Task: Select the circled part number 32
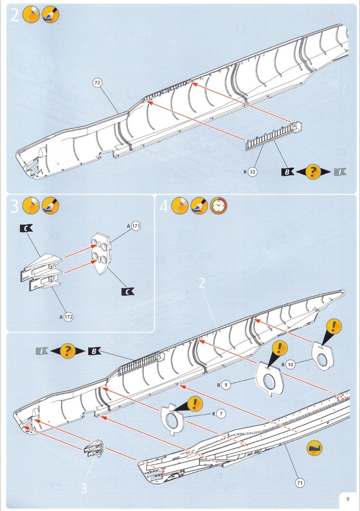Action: (x=252, y=172)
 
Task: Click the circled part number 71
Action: (x=300, y=483)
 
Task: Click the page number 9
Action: (x=348, y=499)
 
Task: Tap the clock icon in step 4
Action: (x=218, y=207)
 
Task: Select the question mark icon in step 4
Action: (x=67, y=351)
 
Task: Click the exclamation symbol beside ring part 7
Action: (x=195, y=403)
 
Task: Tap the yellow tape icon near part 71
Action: (x=314, y=448)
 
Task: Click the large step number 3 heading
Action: (x=14, y=207)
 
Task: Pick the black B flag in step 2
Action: (x=287, y=173)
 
